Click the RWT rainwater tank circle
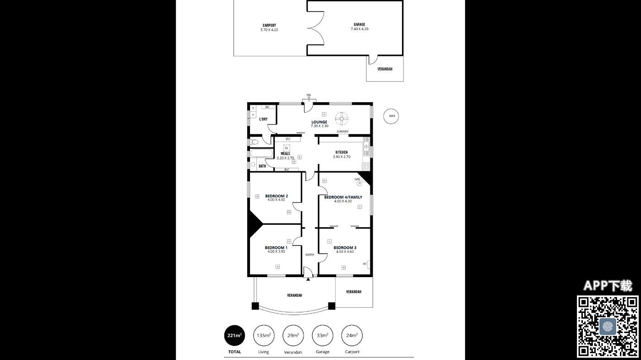391,109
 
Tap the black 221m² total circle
234,335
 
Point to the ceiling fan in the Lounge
342,119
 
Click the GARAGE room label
359,25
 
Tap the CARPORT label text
269,26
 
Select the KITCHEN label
342,152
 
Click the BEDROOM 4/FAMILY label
343,197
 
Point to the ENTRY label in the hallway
310,255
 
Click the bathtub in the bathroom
261,153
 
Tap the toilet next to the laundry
255,142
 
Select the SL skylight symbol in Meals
287,148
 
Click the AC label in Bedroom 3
364,264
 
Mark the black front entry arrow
308,279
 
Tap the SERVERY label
342,131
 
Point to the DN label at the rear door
309,95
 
